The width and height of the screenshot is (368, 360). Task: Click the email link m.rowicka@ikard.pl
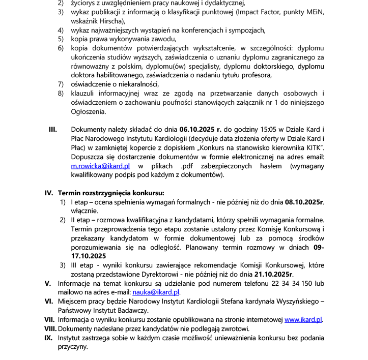[100, 166]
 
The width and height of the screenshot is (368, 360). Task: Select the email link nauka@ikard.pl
[156, 292]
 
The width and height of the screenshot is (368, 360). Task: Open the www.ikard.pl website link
[303, 320]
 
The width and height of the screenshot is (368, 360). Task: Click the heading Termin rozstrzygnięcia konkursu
[111, 193]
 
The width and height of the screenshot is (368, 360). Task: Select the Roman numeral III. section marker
[52, 130]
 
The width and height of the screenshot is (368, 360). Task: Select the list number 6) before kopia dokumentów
[60, 48]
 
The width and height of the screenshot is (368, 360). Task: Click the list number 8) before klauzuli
[60, 94]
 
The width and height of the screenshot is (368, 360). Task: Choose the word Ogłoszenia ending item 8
[88, 111]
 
